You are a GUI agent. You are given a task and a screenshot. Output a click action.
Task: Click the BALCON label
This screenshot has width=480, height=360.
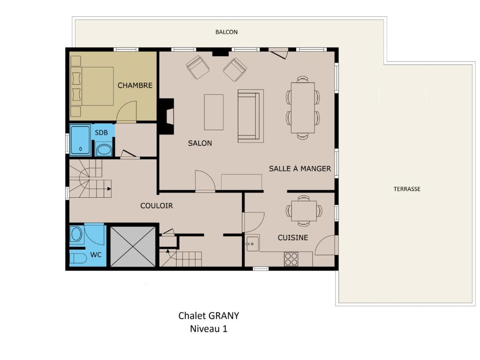click(226, 32)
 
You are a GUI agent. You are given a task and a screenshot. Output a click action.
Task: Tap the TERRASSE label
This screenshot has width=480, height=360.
click(407, 189)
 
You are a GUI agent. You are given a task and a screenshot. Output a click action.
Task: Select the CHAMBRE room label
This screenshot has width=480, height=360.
click(135, 85)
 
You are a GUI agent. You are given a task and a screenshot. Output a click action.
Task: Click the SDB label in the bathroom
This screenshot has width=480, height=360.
click(101, 133)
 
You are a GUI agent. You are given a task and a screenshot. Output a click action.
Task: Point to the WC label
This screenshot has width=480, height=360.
click(96, 255)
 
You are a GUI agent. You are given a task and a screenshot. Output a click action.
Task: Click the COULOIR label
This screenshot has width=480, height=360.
click(157, 206)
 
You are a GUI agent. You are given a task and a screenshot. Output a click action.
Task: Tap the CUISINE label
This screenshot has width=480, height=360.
click(292, 238)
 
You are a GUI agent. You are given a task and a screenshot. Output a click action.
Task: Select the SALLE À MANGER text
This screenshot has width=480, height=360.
click(300, 168)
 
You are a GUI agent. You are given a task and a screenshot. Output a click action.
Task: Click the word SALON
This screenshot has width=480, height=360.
click(200, 143)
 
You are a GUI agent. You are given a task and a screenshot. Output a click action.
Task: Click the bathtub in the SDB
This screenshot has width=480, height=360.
click(81, 140)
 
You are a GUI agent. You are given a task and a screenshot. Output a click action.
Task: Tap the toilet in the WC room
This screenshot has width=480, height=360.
click(78, 258)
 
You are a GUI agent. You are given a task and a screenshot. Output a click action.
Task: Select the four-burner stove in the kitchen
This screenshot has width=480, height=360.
click(291, 259)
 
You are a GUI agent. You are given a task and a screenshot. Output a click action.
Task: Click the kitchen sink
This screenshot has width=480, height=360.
click(253, 243)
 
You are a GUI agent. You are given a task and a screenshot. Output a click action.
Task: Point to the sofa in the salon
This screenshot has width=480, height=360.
click(250, 116)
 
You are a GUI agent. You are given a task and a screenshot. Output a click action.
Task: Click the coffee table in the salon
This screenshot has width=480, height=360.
click(214, 112)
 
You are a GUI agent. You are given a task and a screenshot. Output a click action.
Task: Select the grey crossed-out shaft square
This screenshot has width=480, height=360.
click(133, 247)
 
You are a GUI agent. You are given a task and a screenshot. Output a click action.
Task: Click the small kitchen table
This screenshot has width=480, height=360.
click(304, 210)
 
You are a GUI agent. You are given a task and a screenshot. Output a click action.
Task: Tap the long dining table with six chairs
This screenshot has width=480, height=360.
click(303, 108)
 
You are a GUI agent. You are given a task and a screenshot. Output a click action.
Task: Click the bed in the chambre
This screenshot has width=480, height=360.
click(92, 86)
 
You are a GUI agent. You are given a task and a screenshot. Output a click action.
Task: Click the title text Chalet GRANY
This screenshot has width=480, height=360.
click(209, 315)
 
